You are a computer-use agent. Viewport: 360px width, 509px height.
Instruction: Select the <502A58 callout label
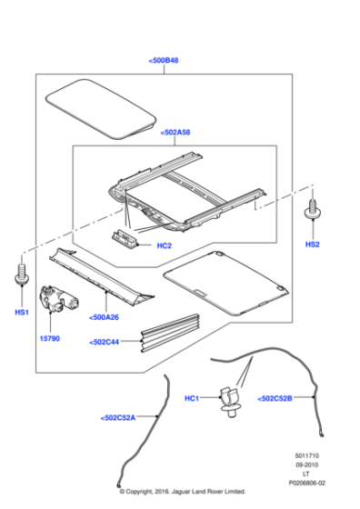click(x=178, y=133)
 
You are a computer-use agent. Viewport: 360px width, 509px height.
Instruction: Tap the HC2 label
click(x=165, y=244)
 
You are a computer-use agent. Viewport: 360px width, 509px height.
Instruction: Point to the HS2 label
click(x=313, y=245)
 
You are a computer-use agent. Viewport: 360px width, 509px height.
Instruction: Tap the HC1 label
click(x=192, y=398)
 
